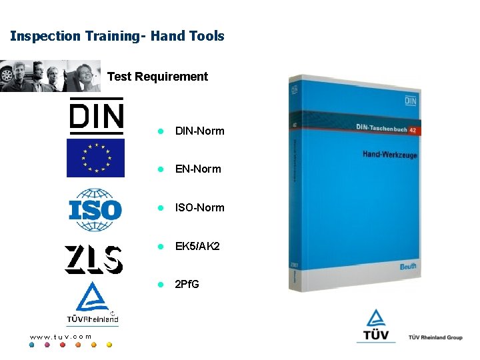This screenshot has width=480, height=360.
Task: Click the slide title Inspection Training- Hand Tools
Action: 117,36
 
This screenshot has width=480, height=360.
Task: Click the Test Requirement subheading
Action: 157,77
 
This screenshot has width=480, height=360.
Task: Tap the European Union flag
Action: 95,158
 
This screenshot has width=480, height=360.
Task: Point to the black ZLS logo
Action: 93,259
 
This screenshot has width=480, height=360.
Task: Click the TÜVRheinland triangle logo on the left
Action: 93,303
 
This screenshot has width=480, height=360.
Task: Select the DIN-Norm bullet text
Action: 199,131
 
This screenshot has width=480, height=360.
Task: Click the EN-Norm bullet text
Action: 198,169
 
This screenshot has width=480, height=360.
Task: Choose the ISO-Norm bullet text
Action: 199,207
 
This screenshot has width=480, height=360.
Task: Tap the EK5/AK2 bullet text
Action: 197,246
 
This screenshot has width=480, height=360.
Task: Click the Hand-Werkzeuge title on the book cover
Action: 390,154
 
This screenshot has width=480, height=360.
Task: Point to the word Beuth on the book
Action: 408,266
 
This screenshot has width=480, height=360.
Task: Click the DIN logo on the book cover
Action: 409,101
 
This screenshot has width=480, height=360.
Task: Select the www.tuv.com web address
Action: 60,337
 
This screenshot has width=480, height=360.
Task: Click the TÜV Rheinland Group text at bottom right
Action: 435,337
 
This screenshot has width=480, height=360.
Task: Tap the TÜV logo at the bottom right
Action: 376,327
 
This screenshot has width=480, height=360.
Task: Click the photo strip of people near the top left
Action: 50,75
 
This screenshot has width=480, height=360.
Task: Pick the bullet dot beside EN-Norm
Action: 160,169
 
